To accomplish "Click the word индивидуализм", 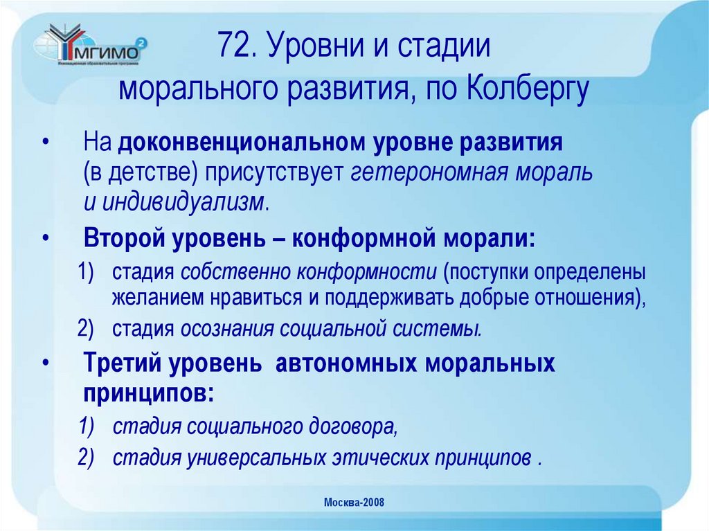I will pyautogui.click(x=183, y=203).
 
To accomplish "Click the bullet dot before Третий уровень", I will pyautogui.click(x=46, y=363).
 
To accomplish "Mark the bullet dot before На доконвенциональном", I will pyautogui.click(x=46, y=144).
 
